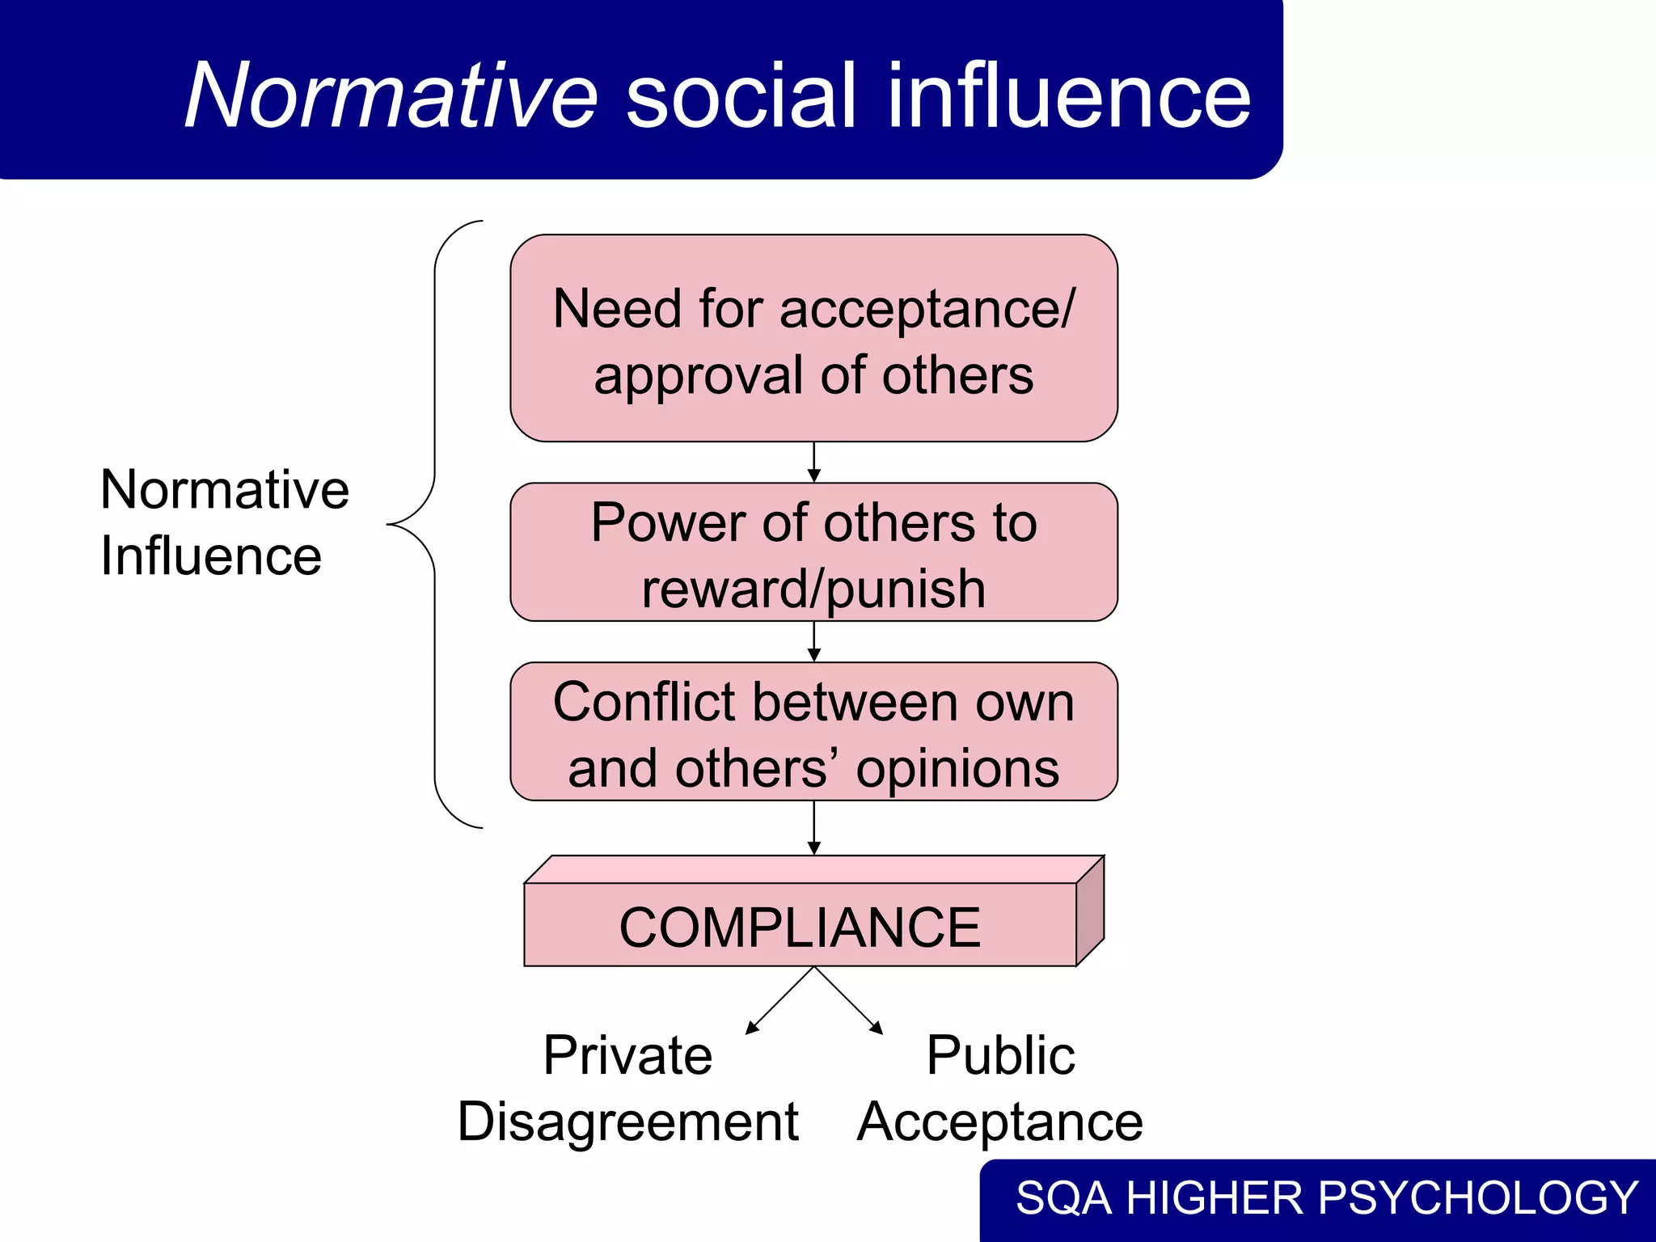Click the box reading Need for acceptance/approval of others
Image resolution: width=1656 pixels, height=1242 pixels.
tap(813, 338)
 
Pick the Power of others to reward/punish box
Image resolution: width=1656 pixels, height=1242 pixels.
tap(813, 552)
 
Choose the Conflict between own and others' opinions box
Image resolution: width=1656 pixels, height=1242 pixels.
tap(813, 732)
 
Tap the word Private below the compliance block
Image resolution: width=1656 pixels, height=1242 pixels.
tap(627, 1055)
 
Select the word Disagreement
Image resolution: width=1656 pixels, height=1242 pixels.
tap(627, 1122)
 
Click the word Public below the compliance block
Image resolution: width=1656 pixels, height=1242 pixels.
tap(1000, 1055)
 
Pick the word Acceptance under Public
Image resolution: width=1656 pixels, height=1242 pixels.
tap(1000, 1122)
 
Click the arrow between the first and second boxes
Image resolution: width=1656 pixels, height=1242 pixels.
tap(814, 463)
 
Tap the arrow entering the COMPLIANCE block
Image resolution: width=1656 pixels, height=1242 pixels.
tap(814, 828)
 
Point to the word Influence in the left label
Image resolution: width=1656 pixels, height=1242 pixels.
tap(211, 556)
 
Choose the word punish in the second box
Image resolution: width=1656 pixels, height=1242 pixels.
tap(906, 589)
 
